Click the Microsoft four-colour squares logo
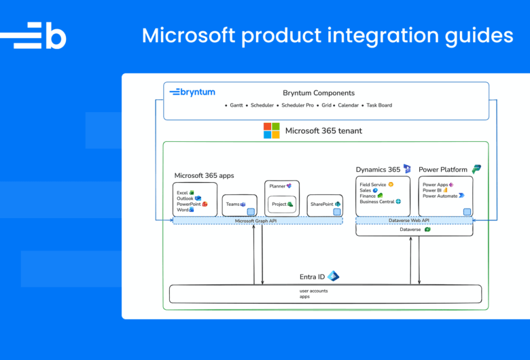272,130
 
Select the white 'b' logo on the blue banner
40,35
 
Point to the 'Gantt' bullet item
234,105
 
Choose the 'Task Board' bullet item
379,105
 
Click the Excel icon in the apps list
192,193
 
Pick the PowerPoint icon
205,204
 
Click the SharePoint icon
337,204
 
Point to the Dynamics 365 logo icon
406,168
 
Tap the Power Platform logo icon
476,168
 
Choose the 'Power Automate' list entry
440,196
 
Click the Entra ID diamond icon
333,276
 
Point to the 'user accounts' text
313,291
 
